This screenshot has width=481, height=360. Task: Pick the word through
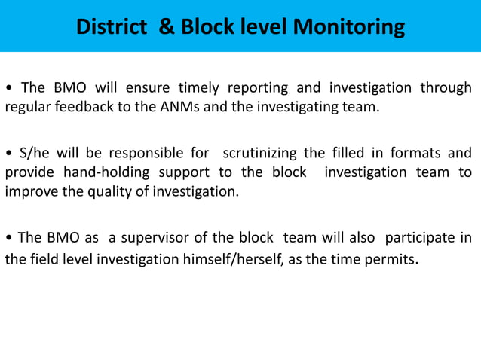click(446, 87)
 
